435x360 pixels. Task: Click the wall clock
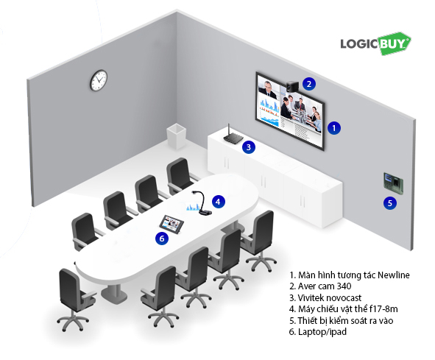[x=99, y=80]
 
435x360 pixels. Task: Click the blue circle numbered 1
[x=334, y=128]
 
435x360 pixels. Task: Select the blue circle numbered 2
[x=309, y=83]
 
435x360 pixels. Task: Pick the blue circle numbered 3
[x=249, y=147]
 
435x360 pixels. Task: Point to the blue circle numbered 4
[x=219, y=202]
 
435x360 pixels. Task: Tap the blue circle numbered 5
[x=390, y=203]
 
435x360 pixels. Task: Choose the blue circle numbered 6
[x=162, y=239]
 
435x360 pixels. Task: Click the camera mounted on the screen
[x=292, y=87]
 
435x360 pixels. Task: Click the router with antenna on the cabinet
[x=233, y=136]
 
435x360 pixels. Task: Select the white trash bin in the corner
[x=176, y=136]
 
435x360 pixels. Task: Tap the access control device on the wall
[x=393, y=183]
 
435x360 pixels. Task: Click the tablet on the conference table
[x=172, y=222]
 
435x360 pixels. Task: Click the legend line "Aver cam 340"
[x=320, y=286]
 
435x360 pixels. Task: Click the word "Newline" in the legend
[x=394, y=275]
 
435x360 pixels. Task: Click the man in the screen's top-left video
[x=268, y=88]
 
